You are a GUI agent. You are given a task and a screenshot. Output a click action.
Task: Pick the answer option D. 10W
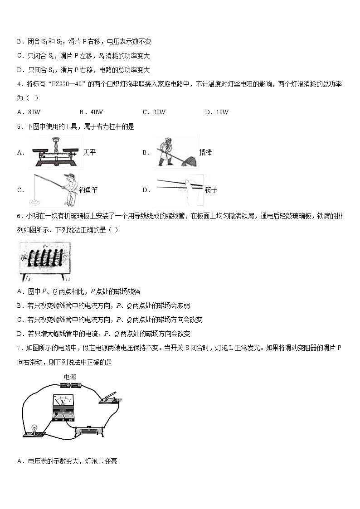coord(217,112)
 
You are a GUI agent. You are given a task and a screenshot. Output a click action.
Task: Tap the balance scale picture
coord(56,153)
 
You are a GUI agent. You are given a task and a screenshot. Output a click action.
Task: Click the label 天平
coord(89,153)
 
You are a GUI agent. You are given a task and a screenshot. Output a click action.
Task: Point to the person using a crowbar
coord(177,153)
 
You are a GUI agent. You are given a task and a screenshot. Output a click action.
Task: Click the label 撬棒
coord(205,153)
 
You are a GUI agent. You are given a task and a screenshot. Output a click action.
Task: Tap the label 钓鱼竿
coord(88,190)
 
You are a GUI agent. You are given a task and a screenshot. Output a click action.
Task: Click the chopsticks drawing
coord(179,189)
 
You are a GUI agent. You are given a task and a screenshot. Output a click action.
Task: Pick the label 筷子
coord(211,190)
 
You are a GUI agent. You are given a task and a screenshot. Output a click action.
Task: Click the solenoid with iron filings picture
coord(45,261)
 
